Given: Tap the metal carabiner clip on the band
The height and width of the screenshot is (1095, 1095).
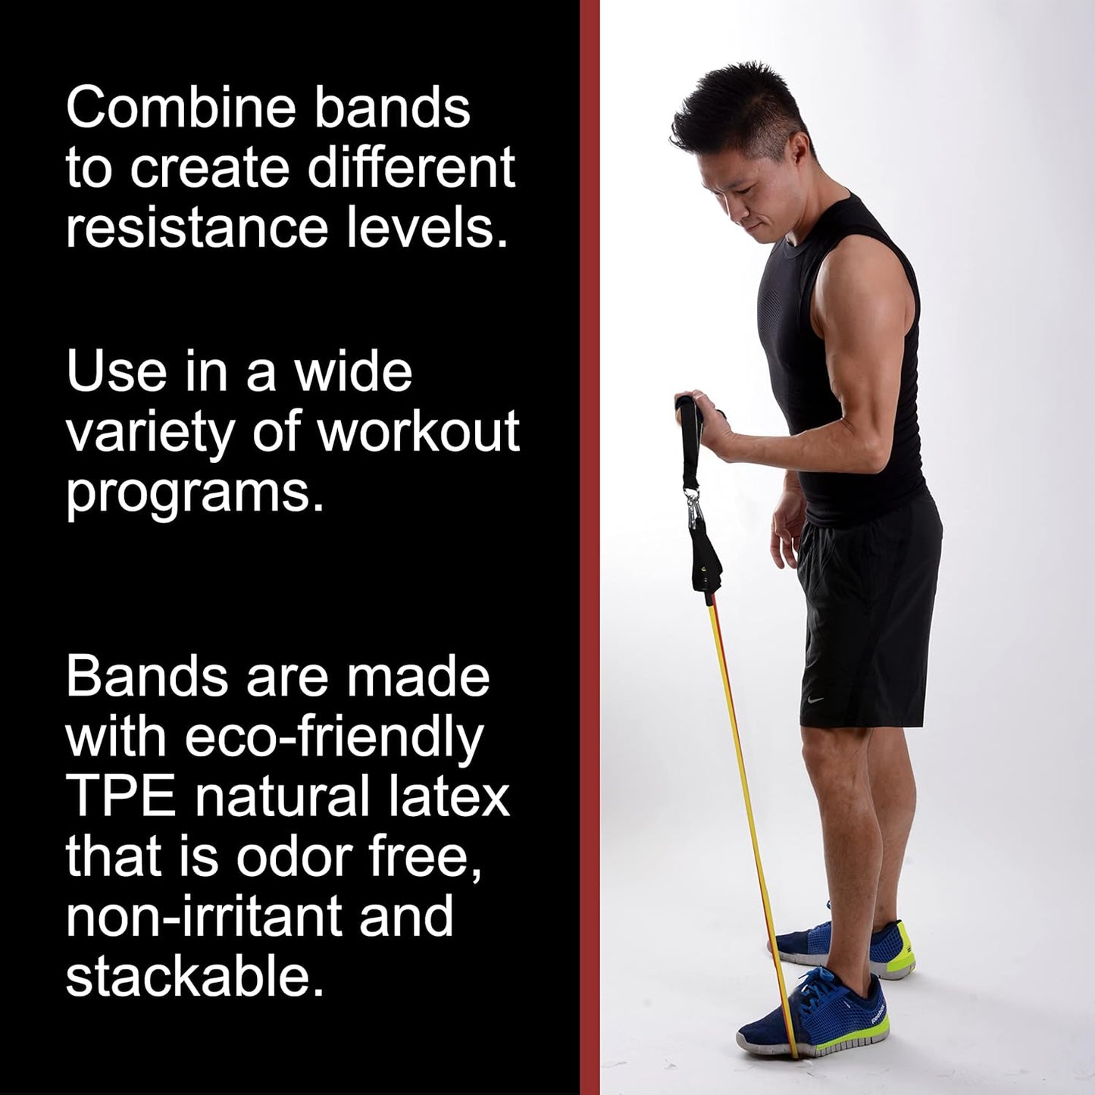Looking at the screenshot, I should [691, 501].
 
